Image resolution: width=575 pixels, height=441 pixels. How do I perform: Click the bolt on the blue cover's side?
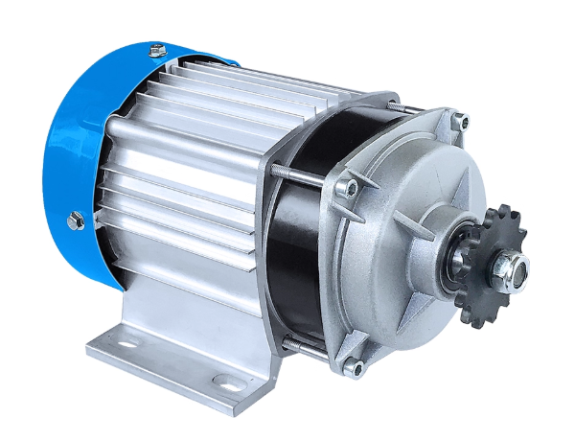tap(77, 221)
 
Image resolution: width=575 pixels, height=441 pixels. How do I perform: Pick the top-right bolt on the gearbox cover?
tap(462, 121)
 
